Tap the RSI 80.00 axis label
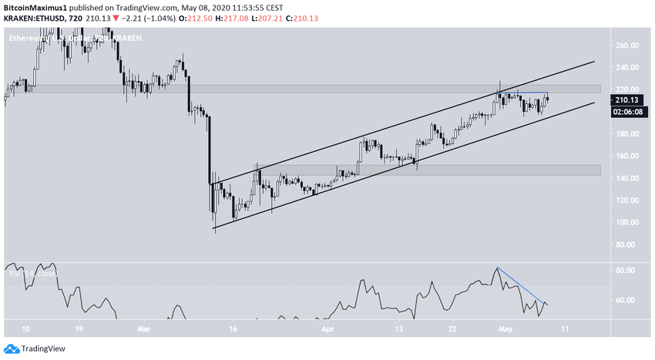pyautogui.click(x=628, y=271)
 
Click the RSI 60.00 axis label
pyautogui.click(x=628, y=300)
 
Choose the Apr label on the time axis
pyautogui.click(x=328, y=327)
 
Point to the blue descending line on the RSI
pyautogui.click(x=522, y=287)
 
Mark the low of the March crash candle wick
pyautogui.click(x=213, y=228)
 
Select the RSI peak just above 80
pyautogui.click(x=498, y=267)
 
